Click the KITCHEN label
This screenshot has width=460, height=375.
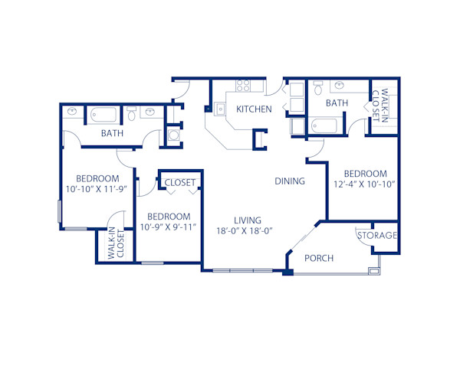[253, 109]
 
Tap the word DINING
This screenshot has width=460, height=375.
[291, 181]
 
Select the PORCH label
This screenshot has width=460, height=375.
[319, 258]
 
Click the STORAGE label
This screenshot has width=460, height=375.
[377, 235]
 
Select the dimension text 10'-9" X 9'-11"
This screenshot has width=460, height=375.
[168, 227]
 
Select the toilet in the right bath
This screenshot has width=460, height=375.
[318, 90]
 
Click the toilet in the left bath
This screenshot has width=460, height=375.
[131, 116]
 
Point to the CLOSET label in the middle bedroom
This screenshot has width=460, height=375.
[180, 182]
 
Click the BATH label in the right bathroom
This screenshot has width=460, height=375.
[337, 103]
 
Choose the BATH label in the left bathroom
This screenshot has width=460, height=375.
[113, 134]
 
